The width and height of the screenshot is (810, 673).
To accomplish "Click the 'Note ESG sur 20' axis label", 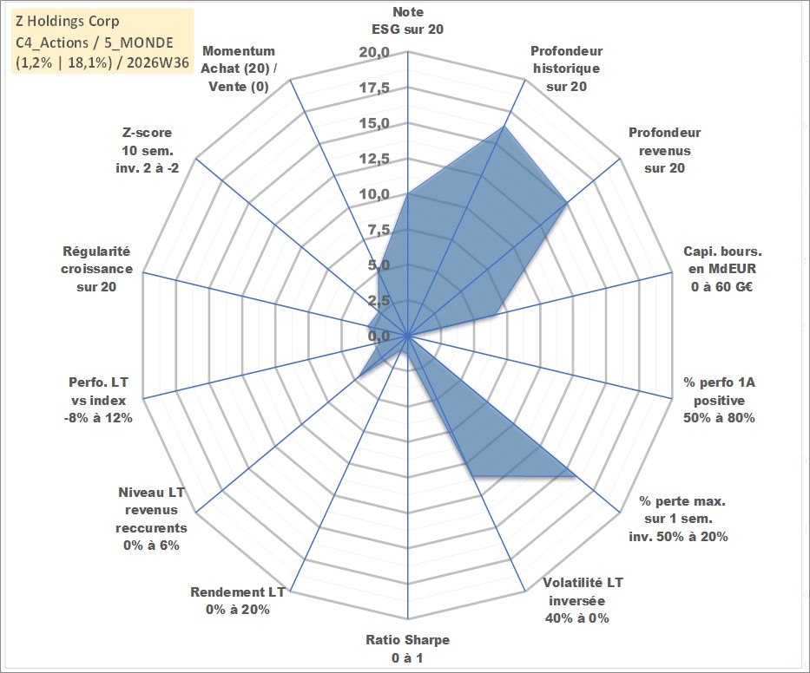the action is coord(407,21).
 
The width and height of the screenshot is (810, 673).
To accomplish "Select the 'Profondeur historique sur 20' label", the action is coord(566,69).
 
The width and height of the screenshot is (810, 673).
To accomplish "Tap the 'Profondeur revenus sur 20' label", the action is coord(664,150).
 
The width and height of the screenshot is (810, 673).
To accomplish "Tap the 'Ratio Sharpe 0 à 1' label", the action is coord(407,649).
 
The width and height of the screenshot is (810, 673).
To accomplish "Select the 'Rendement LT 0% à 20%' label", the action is coord(238,601).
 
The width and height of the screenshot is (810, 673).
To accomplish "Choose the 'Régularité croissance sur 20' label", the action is coord(96,269).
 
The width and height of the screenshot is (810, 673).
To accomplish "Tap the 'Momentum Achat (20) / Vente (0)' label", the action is coord(238,69).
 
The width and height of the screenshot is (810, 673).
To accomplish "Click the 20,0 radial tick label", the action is coord(374,53).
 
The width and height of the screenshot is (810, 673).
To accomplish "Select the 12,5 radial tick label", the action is coord(374,159).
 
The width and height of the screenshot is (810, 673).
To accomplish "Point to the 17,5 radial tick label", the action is coord(374,88).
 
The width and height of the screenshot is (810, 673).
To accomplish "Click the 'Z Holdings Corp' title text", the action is coord(68,21).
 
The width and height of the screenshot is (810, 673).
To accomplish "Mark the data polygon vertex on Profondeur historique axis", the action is coord(504,127).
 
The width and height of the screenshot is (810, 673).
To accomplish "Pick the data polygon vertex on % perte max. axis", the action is coord(576,476).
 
